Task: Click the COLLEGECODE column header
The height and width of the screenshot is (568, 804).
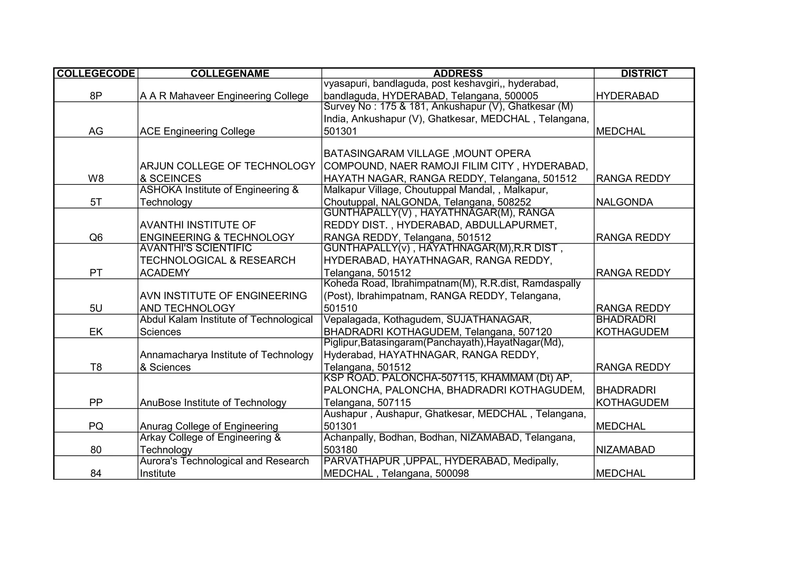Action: pos(96,73)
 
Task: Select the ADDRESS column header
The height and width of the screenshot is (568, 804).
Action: pos(458,73)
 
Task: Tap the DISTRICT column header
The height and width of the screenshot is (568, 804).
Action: pos(644,73)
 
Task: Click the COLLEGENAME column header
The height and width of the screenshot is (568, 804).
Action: pos(230,73)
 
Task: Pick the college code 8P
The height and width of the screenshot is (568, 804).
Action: pos(96,96)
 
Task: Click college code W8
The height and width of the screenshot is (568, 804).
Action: pos(96,179)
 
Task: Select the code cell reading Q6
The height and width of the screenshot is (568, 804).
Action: pos(96,238)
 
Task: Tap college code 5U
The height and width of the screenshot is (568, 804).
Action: pos(96,308)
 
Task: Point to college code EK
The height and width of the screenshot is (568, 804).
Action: pos(96,332)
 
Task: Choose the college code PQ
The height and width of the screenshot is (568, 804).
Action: pos(96,426)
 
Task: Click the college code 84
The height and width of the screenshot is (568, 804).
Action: pos(96,473)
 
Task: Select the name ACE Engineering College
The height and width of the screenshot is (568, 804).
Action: pos(197,131)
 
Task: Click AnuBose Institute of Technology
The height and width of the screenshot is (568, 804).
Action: pos(213,403)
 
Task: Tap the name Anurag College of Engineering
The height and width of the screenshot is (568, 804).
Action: pos(209,426)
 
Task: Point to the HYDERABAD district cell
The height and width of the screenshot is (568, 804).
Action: pos(627,96)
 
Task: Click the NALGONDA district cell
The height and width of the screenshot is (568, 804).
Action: pos(625,202)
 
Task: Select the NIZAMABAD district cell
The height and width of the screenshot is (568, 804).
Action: pos(625,450)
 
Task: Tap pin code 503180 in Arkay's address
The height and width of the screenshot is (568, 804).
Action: pos(340,450)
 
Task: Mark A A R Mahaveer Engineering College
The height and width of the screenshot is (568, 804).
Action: pos(224,96)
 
